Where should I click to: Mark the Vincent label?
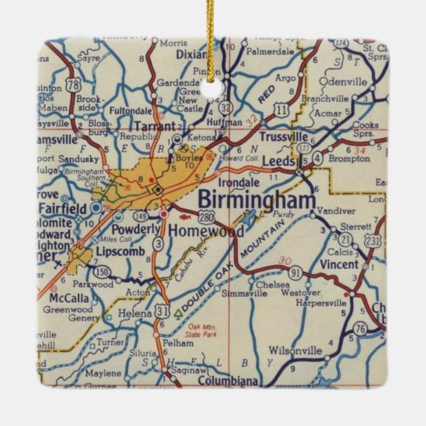[334, 264]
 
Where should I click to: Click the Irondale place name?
[236, 182]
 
